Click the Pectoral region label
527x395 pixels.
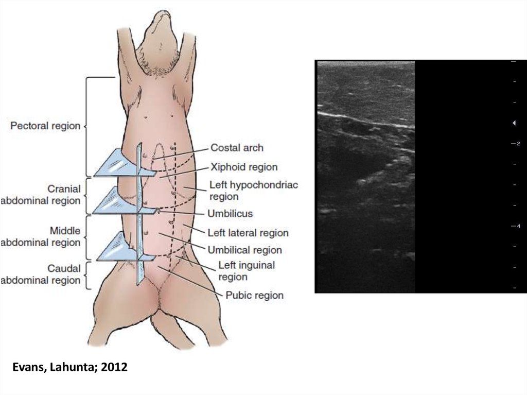click(45, 126)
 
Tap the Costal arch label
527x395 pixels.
click(237, 148)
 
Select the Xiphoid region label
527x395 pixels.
click(244, 167)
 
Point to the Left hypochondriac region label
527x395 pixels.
click(253, 191)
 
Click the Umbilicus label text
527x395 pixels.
click(230, 213)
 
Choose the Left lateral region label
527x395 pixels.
click(248, 233)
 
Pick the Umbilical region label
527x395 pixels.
click(244, 250)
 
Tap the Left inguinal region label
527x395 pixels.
click(247, 271)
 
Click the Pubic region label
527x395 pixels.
click(254, 295)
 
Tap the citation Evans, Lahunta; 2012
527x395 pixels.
click(69, 368)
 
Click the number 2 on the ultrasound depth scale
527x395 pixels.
click(518, 144)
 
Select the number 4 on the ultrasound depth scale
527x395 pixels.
click(518, 227)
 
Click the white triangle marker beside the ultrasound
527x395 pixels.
click(514, 123)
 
